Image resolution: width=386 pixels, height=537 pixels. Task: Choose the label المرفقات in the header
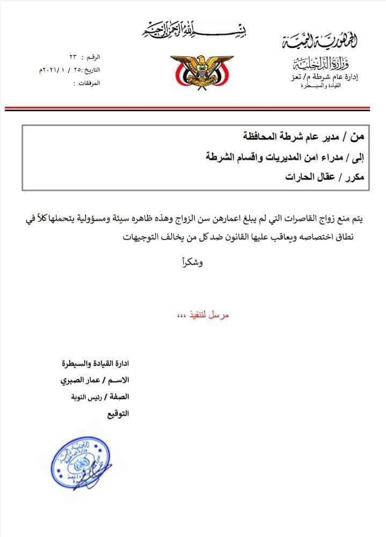(86, 83)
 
